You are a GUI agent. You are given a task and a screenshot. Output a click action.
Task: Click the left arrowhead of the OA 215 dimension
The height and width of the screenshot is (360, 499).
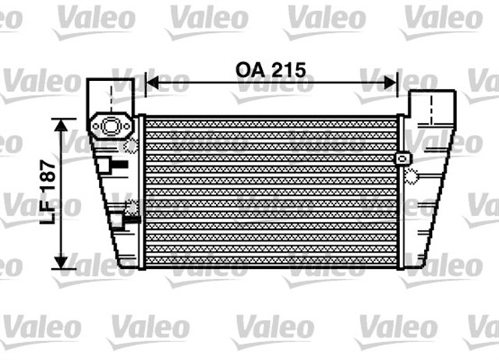coord(151,81)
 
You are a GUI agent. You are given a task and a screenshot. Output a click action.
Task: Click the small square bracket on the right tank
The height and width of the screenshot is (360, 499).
coord(402,158)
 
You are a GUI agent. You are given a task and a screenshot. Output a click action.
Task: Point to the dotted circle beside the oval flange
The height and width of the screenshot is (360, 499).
coord(132,144)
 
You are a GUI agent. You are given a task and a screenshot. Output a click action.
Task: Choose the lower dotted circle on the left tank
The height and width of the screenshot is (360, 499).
coord(131,208)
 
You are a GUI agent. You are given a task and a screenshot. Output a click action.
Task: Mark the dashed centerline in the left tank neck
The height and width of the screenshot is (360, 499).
coord(112,97)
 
